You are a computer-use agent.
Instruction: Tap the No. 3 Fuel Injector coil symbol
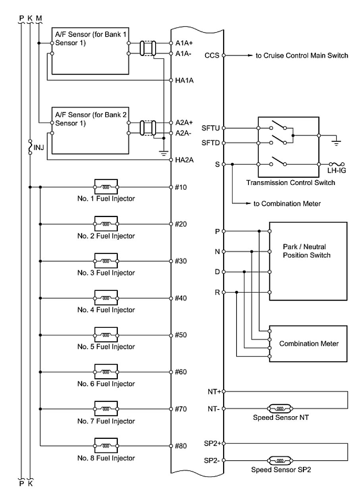click(106, 261)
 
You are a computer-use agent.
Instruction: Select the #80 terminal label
click(181, 446)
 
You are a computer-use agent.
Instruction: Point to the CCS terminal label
click(212, 56)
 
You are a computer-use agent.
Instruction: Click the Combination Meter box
click(308, 343)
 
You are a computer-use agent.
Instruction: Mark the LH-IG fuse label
click(336, 171)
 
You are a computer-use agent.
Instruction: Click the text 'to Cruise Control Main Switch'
click(302, 56)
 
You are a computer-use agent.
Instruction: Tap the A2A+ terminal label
click(184, 123)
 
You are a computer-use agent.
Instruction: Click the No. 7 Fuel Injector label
click(106, 421)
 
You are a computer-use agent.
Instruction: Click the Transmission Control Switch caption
click(291, 183)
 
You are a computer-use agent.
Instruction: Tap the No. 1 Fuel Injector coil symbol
click(106, 186)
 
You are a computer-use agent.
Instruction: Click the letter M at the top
click(39, 18)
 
